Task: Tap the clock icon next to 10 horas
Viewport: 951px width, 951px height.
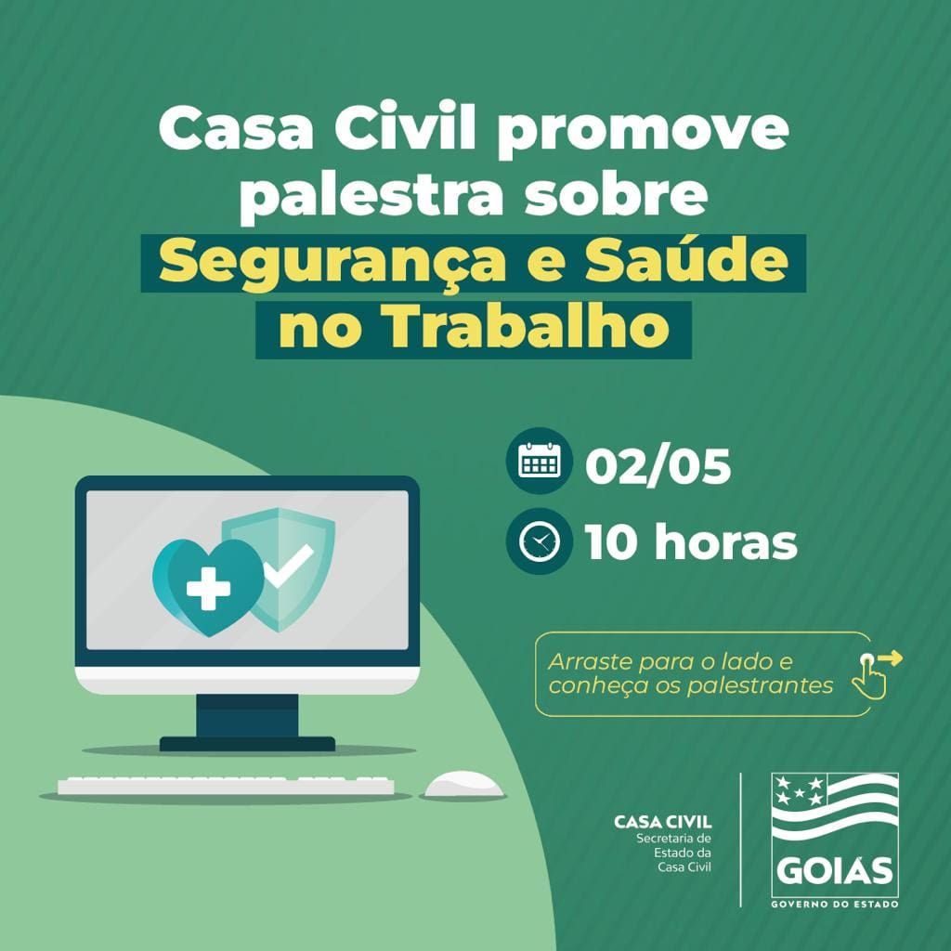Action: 539,542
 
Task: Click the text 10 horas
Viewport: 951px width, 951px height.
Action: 691,543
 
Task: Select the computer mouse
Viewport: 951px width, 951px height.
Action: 463,785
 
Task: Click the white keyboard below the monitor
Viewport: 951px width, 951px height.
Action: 226,786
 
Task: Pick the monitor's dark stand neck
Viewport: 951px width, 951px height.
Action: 247,716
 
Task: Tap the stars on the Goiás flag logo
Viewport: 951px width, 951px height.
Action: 799,791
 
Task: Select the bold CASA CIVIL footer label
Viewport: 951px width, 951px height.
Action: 663,822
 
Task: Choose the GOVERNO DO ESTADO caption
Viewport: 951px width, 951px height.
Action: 835,903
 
